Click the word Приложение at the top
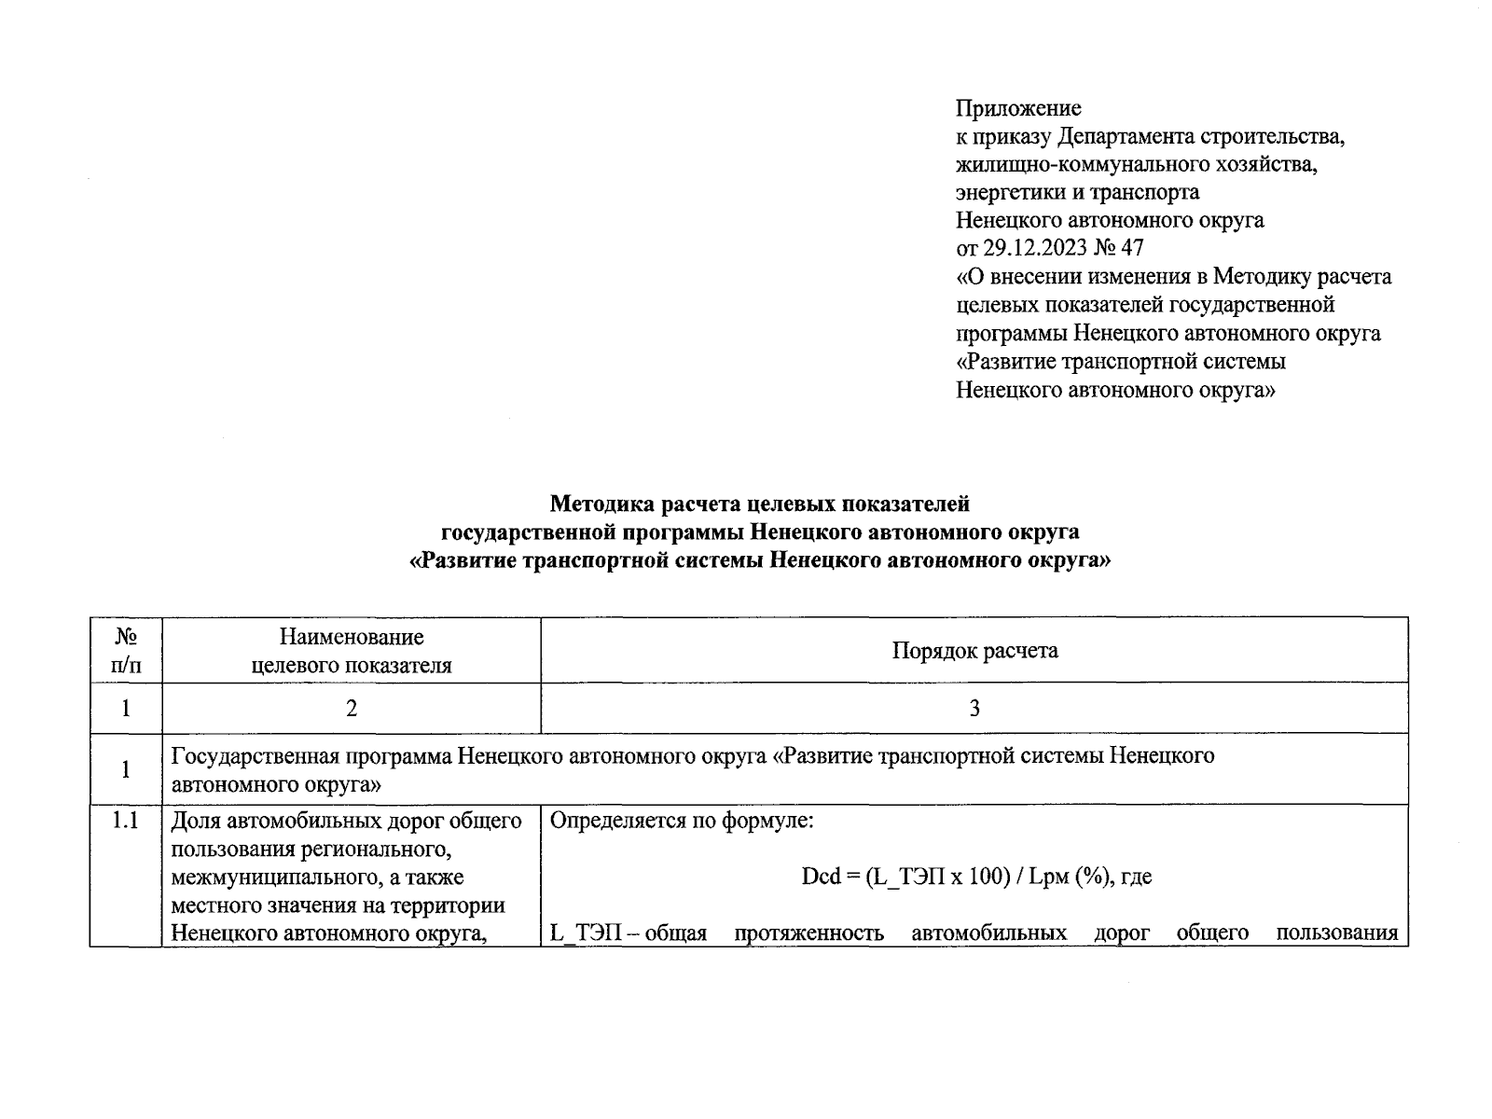pyautogui.click(x=1018, y=108)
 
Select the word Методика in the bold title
pyautogui.click(x=601, y=504)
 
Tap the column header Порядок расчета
pyautogui.click(x=974, y=650)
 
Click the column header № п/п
pyautogui.click(x=126, y=650)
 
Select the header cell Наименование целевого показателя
pyautogui.click(x=352, y=650)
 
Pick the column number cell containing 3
pyautogui.click(x=974, y=709)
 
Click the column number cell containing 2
pyautogui.click(x=352, y=709)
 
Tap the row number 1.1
pyautogui.click(x=126, y=822)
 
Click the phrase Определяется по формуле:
pyautogui.click(x=682, y=822)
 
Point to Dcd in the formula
pyautogui.click(x=821, y=877)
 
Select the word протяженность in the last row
pyautogui.click(x=808, y=932)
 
